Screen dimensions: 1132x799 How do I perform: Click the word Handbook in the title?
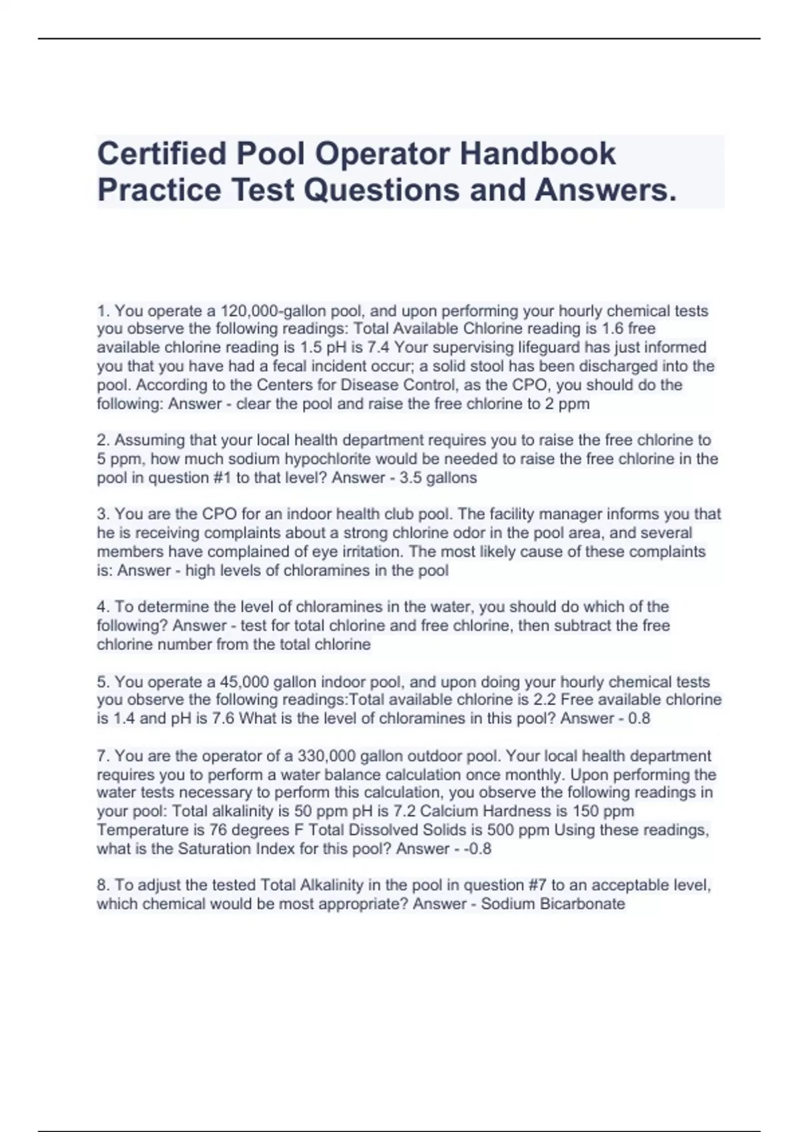tap(537, 154)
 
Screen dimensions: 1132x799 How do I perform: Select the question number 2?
tap(103, 440)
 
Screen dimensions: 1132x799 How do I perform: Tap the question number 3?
tap(103, 514)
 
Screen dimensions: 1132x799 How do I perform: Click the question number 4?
tap(103, 607)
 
